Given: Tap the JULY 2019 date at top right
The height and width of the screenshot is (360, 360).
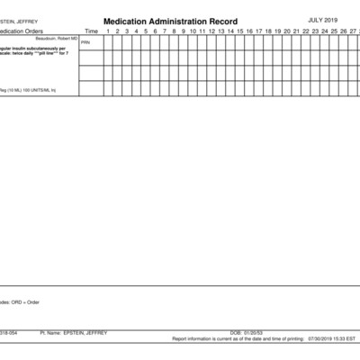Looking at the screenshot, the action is tap(322, 19).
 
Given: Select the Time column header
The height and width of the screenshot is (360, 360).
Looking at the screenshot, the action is tap(91, 31).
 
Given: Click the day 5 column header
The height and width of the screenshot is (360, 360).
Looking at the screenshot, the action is tap(146, 31).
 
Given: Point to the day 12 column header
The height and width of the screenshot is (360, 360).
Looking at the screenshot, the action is tap(211, 31).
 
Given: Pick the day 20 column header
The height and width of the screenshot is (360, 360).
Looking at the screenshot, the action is tap(287, 31).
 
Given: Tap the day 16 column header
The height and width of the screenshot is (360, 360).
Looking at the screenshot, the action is tap(249, 31).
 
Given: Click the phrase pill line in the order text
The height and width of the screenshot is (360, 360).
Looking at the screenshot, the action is tap(47, 53).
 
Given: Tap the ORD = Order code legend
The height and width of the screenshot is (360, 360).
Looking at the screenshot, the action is tap(23, 301).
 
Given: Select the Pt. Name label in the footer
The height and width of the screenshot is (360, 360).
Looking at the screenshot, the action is tap(51, 332).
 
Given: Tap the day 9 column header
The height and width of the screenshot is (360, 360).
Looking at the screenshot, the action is tap(184, 31).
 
